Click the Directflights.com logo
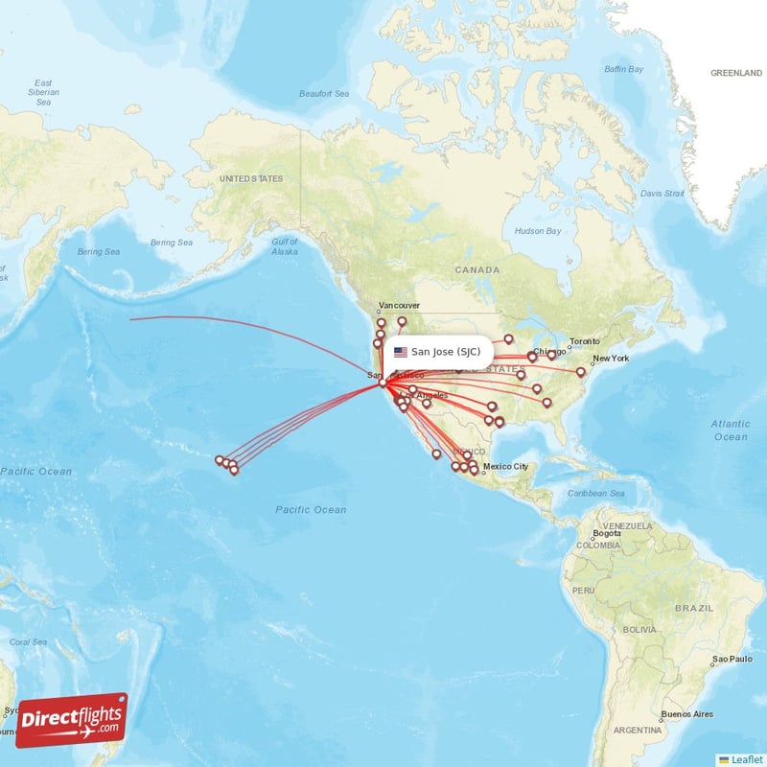pyautogui.click(x=72, y=720)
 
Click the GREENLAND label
pyautogui.click(x=736, y=73)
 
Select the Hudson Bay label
pyautogui.click(x=537, y=231)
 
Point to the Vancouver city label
pyautogui.click(x=399, y=306)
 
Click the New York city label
pyautogui.click(x=611, y=359)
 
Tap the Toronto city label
pyautogui.click(x=585, y=342)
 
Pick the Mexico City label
pyautogui.click(x=505, y=467)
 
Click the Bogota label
pyautogui.click(x=607, y=533)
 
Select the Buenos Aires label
pyautogui.click(x=688, y=714)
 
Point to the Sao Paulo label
pyautogui.click(x=732, y=661)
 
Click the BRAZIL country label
pyautogui.click(x=694, y=609)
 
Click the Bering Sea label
pyautogui.click(x=99, y=252)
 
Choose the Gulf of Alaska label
pyautogui.click(x=285, y=246)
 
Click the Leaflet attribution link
pyautogui.click(x=744, y=758)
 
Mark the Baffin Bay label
pyautogui.click(x=623, y=69)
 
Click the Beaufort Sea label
pyautogui.click(x=324, y=93)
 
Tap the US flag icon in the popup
pyautogui.click(x=401, y=352)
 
